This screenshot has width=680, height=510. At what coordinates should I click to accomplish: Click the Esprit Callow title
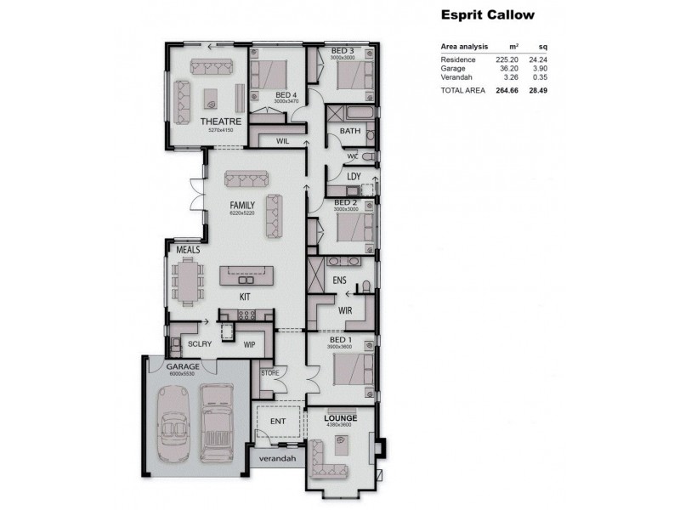[x=487, y=14]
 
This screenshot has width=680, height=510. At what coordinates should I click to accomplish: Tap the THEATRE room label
[x=221, y=122]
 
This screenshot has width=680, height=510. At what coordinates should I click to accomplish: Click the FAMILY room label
[x=243, y=206]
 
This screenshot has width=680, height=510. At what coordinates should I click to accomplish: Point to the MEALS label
[x=188, y=250]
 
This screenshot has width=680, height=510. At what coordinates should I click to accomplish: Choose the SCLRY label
[x=199, y=344]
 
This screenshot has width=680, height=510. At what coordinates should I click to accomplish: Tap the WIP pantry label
[x=250, y=345]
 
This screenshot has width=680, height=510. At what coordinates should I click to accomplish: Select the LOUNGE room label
[x=340, y=419]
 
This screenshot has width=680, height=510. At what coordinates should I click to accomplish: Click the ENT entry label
[x=278, y=420]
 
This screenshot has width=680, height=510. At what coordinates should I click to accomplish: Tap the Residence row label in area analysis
[x=459, y=59]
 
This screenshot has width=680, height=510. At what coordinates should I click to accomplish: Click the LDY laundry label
[x=354, y=177]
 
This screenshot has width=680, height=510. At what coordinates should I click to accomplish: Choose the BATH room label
[x=350, y=131]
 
